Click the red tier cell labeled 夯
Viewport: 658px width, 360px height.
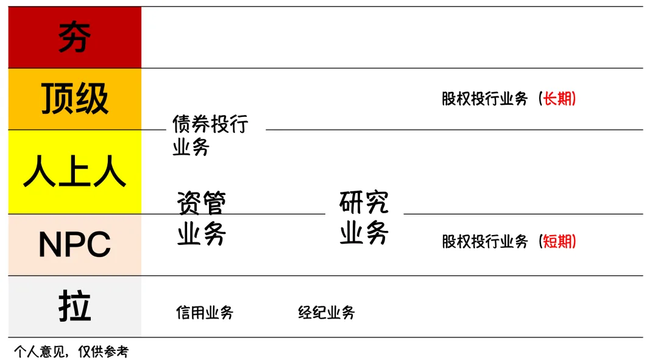click(74, 37)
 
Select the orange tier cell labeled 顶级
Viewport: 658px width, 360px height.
click(74, 99)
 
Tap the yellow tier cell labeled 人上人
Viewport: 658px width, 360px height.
click(74, 172)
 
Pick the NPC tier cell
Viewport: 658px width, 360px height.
click(74, 245)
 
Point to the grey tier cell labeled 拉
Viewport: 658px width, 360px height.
click(74, 306)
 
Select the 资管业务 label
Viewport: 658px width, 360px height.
click(202, 218)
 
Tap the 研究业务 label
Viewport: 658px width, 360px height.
click(364, 217)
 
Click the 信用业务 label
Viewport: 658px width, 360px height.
click(205, 313)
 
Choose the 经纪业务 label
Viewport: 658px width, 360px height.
click(327, 313)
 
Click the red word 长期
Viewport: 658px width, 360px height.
click(559, 99)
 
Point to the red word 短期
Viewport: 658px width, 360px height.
click(559, 242)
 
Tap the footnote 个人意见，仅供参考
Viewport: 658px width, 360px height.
click(71, 351)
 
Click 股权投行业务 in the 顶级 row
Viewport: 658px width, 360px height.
click(485, 99)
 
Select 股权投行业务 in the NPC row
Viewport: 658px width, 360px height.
click(485, 242)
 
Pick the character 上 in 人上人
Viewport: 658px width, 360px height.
click(74, 172)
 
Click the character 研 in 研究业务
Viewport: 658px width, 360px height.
click(351, 202)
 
